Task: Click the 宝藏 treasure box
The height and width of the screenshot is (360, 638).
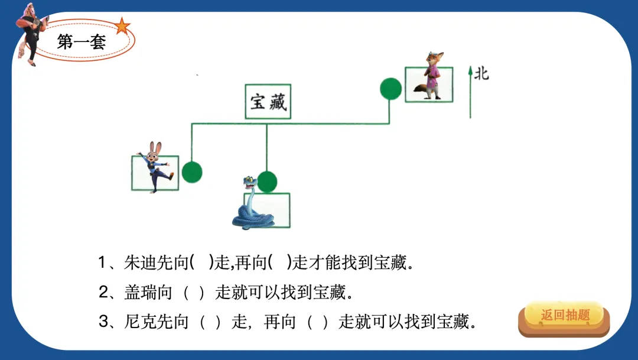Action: coord(268,102)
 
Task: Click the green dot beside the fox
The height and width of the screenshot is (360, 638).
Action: coord(390,89)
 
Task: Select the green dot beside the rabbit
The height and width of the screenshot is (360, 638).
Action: coord(191,172)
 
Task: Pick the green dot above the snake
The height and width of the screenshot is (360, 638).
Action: coord(267,181)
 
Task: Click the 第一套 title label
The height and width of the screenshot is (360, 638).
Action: coord(81,42)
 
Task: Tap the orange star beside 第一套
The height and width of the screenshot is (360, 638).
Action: coord(122,26)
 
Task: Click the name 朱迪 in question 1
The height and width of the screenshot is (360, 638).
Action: coord(135,262)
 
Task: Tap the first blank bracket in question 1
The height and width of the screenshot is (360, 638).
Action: coord(201,262)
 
